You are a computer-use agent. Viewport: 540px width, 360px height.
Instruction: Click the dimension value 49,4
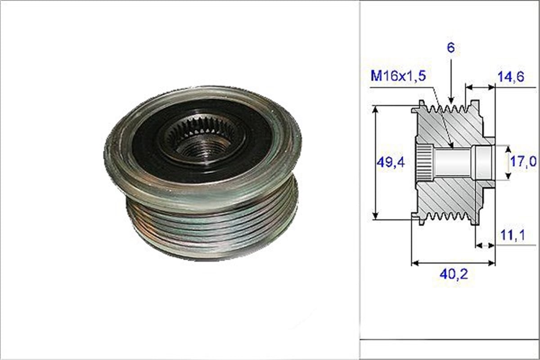click(390, 162)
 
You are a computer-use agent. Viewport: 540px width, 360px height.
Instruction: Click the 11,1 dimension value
click(512, 235)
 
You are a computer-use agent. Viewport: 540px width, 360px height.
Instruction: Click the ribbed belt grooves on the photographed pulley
click(211, 225)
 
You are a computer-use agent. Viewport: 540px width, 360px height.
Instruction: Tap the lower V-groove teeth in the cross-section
click(445, 216)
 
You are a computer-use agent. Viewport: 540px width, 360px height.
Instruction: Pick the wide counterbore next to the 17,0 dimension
click(484, 162)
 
